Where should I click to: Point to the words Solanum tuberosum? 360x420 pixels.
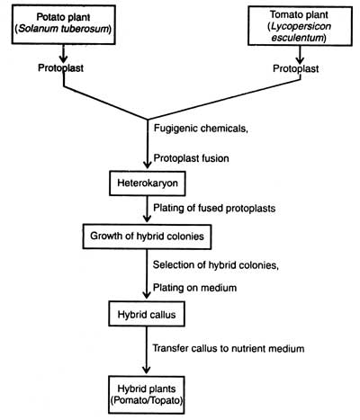pyautogui.click(x=63, y=30)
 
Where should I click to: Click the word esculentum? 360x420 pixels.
pyautogui.click(x=298, y=38)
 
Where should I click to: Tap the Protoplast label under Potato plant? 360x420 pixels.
pyautogui.click(x=60, y=68)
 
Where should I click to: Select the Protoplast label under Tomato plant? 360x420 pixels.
pyautogui.click(x=296, y=68)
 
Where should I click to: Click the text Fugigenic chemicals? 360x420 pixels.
pyautogui.click(x=201, y=129)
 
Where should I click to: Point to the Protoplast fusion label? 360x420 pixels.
pyautogui.click(x=192, y=158)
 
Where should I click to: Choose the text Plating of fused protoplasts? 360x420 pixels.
pyautogui.click(x=214, y=208)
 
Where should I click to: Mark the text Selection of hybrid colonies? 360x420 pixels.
pyautogui.click(x=215, y=265)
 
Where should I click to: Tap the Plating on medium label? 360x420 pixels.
pyautogui.click(x=194, y=288)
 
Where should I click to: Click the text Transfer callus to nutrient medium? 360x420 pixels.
pyautogui.click(x=229, y=348)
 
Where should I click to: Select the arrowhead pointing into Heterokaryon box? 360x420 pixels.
pyautogui.click(x=148, y=165)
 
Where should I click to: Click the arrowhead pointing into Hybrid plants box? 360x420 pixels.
pyautogui.click(x=147, y=369)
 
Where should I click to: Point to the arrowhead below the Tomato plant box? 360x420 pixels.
pyautogui.click(x=300, y=59)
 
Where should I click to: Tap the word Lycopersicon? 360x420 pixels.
pyautogui.click(x=301, y=26)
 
